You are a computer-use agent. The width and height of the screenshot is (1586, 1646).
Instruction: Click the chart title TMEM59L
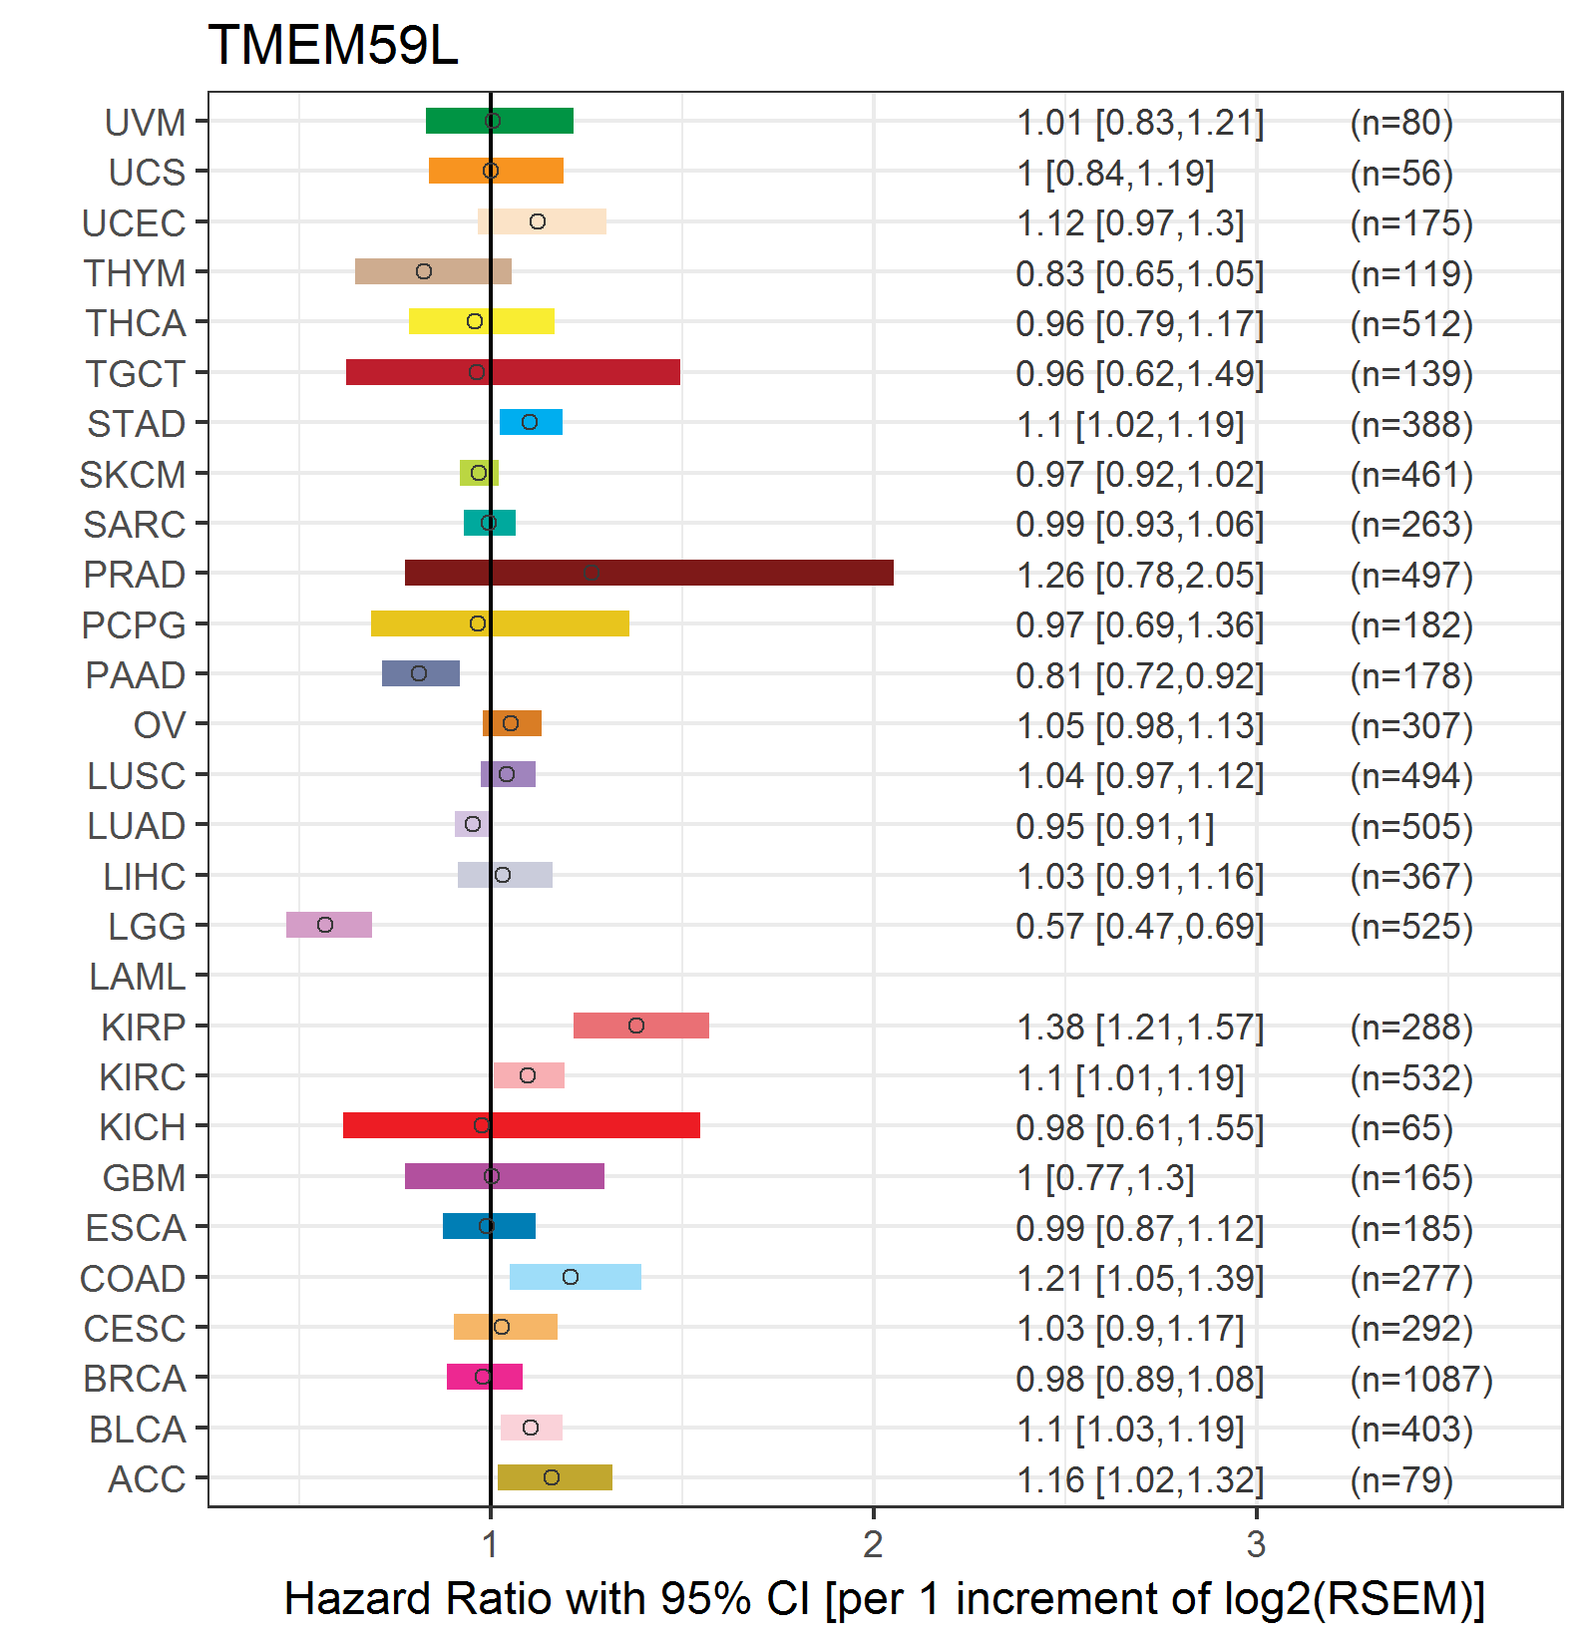pos(333,46)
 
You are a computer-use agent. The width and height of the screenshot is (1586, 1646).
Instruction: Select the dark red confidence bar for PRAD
pos(649,573)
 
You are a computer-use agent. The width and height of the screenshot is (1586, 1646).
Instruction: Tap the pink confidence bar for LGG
pos(329,925)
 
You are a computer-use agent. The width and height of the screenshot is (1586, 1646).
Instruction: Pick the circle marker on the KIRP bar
pos(636,1026)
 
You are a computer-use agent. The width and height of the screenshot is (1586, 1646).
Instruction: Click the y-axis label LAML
pos(138,977)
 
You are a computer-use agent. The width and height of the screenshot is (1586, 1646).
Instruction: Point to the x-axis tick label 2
pos(874,1544)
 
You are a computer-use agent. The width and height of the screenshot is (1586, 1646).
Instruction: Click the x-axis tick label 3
pos(1257,1544)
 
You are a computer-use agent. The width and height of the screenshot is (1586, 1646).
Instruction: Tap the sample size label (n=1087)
pos(1421,1379)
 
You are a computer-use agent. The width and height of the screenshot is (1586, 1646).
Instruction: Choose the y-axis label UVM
pos(146,123)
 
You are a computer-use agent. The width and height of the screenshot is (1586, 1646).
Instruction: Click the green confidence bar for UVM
pos(500,121)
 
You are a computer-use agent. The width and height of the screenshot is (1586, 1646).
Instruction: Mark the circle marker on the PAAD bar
pos(419,673)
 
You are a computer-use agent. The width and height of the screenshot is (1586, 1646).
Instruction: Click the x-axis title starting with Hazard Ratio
pos(885,1599)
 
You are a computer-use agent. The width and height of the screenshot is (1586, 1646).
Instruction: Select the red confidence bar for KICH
pos(522,1125)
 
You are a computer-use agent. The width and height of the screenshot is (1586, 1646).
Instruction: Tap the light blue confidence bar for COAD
pos(576,1277)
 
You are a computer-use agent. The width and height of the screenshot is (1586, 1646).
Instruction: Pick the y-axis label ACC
pos(148,1479)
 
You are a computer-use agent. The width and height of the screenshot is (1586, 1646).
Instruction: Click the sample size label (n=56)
pos(1401,173)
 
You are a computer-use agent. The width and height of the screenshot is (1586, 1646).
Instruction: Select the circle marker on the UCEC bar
pos(538,221)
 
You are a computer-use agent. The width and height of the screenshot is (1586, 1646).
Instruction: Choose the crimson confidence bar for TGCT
pos(513,372)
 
